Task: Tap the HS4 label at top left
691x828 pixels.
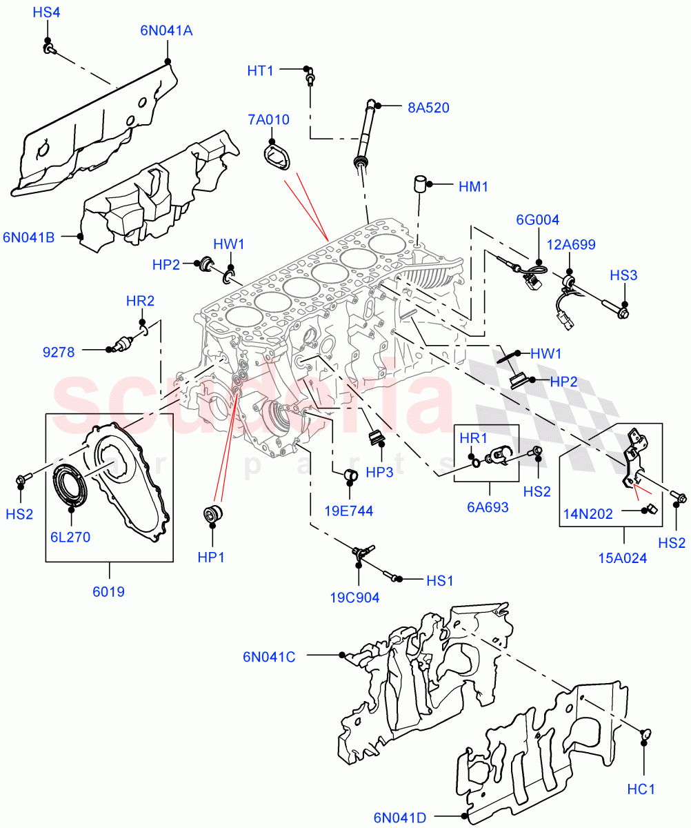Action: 47,12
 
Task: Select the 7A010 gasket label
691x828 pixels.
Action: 269,120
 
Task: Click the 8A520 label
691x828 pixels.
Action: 428,107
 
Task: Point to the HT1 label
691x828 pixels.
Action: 261,70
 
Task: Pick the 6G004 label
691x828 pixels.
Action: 538,220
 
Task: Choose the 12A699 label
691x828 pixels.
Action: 572,244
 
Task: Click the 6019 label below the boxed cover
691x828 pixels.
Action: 108,591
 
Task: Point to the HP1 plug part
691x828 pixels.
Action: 212,515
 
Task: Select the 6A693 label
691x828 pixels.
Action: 488,508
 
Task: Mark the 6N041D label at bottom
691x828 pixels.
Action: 400,818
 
